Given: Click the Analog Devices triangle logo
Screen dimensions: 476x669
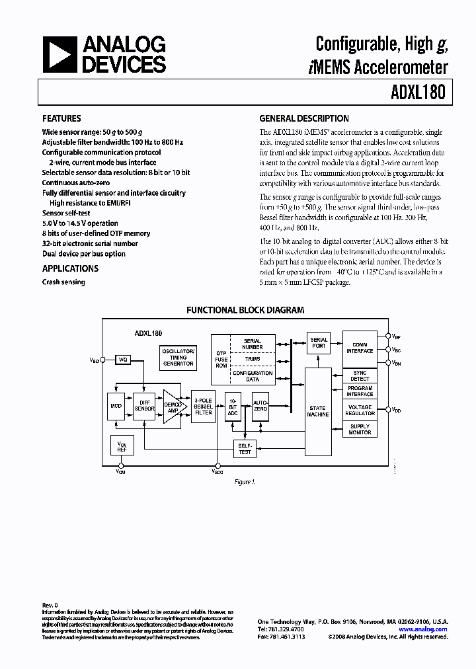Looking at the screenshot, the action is [57, 54].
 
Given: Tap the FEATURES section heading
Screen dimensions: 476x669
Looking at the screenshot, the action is [61, 119].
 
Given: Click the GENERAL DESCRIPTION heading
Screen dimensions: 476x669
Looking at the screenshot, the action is [303, 119].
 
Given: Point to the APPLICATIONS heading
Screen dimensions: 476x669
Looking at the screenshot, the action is [70, 268].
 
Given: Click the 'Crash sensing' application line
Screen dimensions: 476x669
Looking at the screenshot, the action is [63, 282].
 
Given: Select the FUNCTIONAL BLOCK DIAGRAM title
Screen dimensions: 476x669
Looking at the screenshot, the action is [245, 309].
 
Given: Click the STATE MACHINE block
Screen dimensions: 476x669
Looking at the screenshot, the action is [318, 411].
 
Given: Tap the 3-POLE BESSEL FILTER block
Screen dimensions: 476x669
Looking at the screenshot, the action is [203, 406].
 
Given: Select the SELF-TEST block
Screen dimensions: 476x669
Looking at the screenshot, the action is [245, 449].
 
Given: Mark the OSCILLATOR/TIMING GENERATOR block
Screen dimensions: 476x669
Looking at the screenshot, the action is [178, 357].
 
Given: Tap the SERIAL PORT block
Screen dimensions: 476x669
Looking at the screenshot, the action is [319, 342].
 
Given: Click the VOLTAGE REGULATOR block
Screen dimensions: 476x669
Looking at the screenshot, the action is [360, 410].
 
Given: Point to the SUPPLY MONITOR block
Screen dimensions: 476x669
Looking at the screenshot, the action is [360, 430].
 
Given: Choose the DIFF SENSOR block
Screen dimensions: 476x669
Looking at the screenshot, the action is [143, 406].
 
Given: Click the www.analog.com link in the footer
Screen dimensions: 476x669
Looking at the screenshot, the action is [424, 630].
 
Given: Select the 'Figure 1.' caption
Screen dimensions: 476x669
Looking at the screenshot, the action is [245, 482].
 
